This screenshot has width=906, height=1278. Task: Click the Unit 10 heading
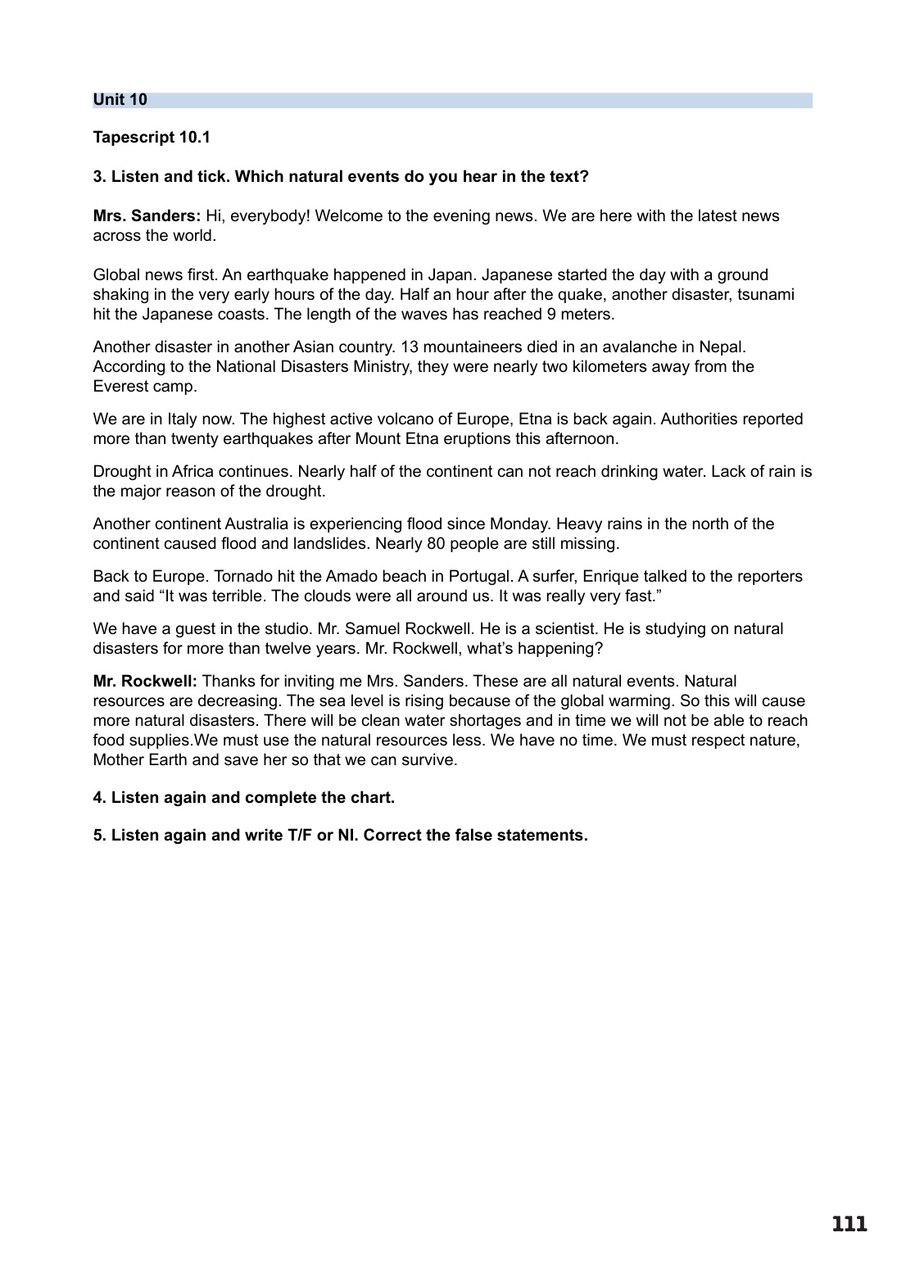tap(120, 100)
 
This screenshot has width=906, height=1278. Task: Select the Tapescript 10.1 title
tap(152, 137)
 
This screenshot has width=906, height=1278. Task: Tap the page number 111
tap(849, 1225)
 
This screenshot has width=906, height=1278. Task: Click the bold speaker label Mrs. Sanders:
tap(147, 215)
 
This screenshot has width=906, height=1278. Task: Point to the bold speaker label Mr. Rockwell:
tap(145, 681)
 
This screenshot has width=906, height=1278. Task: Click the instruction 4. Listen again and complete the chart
tap(244, 797)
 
